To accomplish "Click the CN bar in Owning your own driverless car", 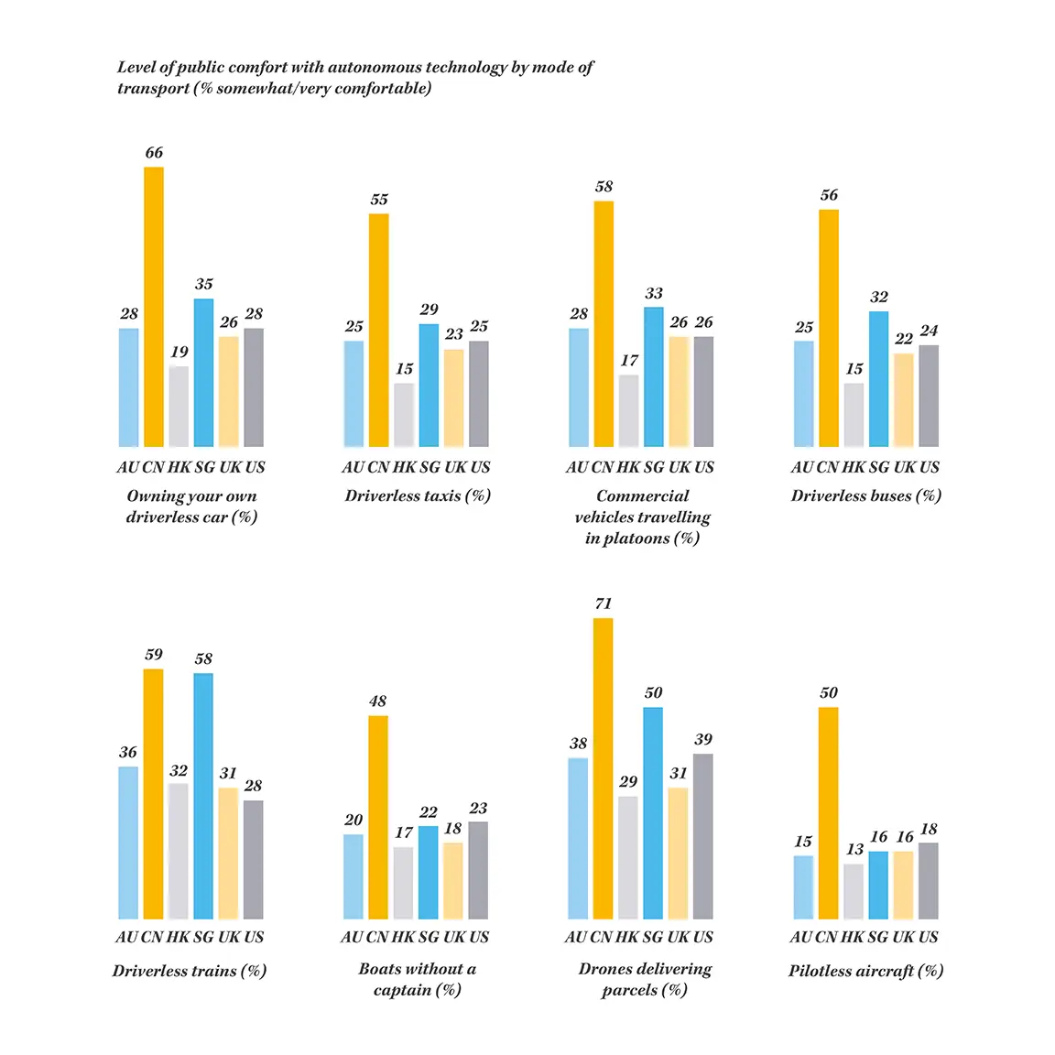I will [x=154, y=307].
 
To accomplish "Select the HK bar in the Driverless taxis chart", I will [x=404, y=415].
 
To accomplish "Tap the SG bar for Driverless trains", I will [x=203, y=797].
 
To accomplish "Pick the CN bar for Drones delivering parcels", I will [x=603, y=769].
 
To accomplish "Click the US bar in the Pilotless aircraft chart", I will [x=929, y=881].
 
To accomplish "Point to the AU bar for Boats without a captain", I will [x=353, y=876].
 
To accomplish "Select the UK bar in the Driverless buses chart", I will [x=904, y=400].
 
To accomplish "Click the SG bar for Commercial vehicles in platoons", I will [x=653, y=377].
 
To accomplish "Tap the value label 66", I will [x=154, y=153].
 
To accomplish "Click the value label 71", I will [x=603, y=604].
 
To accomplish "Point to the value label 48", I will [x=377, y=702].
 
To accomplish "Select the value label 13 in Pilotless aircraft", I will [x=854, y=850].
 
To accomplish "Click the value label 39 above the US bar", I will [x=703, y=740].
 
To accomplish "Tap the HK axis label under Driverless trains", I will [x=178, y=937].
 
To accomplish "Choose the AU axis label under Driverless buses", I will [x=803, y=467].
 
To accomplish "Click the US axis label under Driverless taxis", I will [x=480, y=467].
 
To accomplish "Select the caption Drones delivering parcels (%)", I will [x=645, y=979].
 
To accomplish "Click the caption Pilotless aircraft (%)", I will [x=865, y=971].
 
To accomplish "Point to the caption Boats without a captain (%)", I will [x=418, y=979].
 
